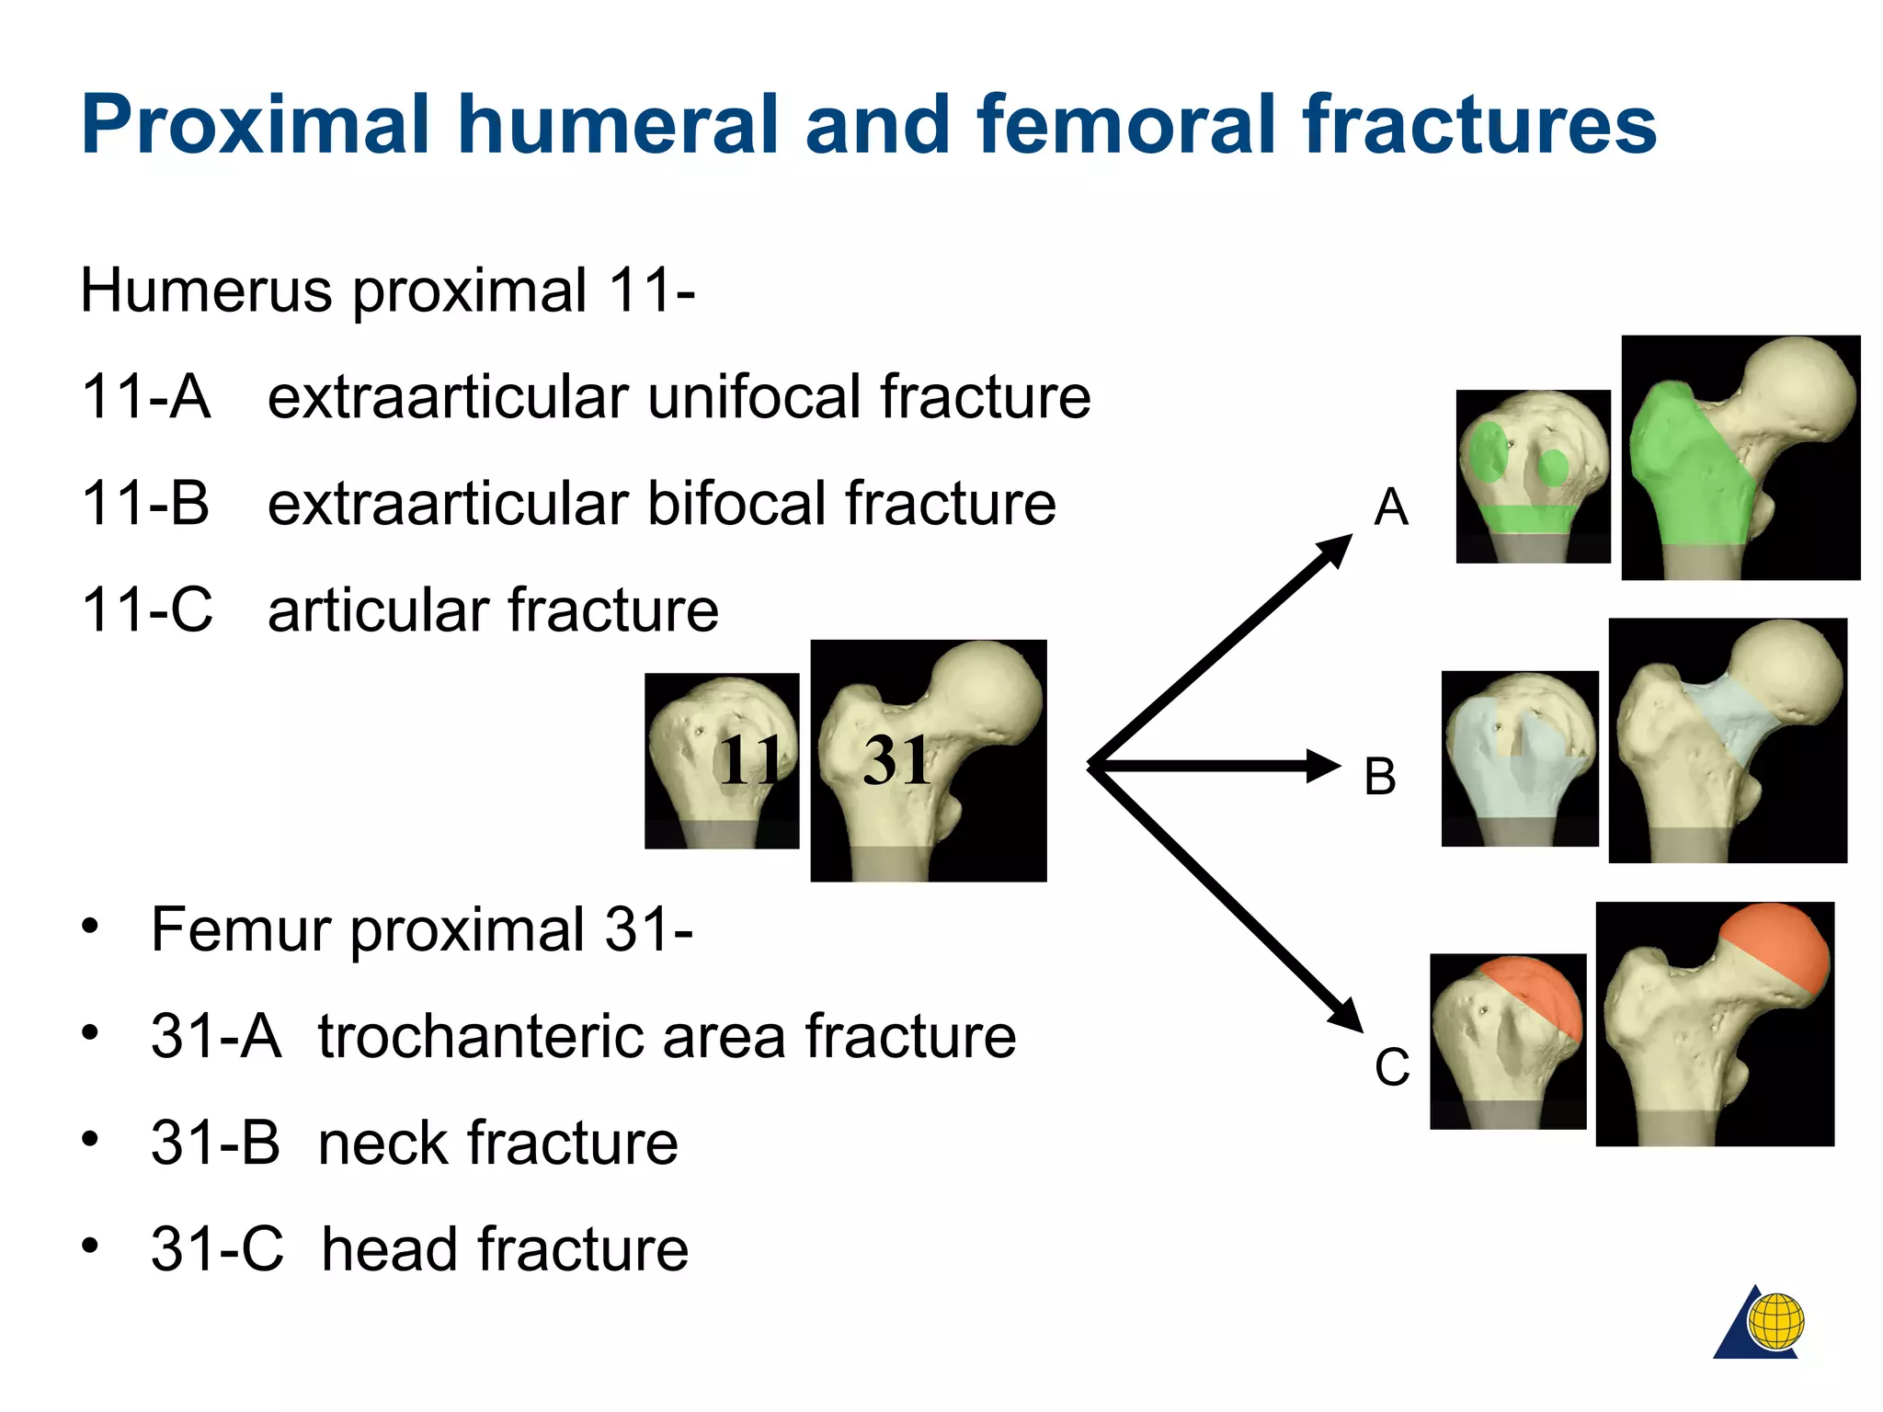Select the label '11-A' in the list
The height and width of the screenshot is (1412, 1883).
pyautogui.click(x=145, y=396)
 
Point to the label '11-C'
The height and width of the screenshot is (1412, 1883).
pyautogui.click(x=147, y=609)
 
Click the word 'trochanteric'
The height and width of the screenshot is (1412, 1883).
pyautogui.click(x=551, y=1036)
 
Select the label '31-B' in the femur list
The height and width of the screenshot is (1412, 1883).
pyautogui.click(x=216, y=1143)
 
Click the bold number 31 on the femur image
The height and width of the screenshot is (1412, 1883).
pyautogui.click(x=896, y=761)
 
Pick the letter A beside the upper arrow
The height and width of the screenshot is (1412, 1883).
pyautogui.click(x=1391, y=507)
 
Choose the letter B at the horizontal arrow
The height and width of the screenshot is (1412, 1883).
pyautogui.click(x=1380, y=776)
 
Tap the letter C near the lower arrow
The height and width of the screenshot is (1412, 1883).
pyautogui.click(x=1392, y=1067)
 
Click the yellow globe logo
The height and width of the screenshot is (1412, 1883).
pyautogui.click(x=1776, y=1322)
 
